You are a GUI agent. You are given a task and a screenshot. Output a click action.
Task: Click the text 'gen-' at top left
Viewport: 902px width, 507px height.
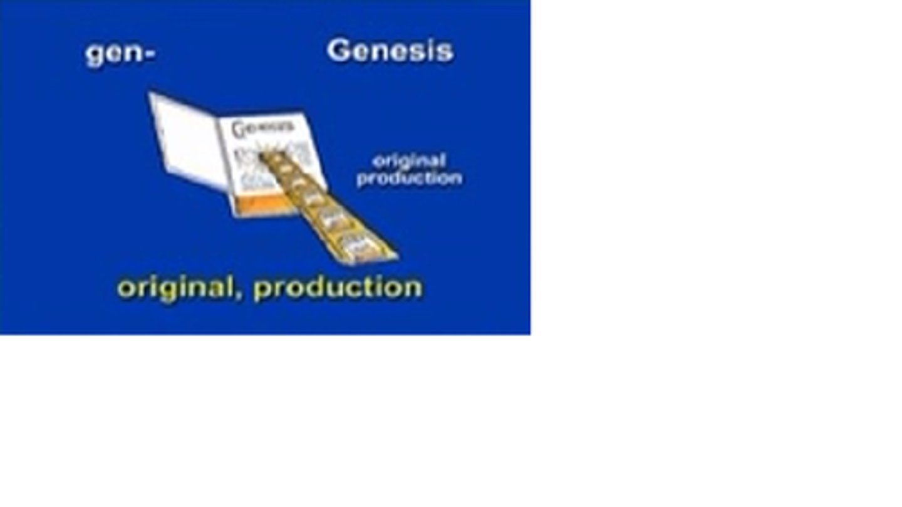tap(120, 55)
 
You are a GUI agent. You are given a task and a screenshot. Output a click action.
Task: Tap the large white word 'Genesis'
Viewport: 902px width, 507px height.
tap(390, 51)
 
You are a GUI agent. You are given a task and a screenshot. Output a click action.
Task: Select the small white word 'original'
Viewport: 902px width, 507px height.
tap(409, 162)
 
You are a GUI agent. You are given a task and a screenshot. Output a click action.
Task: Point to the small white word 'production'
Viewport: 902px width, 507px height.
tap(410, 178)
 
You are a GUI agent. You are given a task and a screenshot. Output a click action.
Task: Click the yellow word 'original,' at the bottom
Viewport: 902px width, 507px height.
tap(181, 288)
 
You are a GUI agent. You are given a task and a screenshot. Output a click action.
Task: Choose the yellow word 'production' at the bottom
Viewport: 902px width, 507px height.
tap(338, 288)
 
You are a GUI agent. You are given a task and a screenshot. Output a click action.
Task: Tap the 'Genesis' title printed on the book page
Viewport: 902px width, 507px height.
tap(262, 128)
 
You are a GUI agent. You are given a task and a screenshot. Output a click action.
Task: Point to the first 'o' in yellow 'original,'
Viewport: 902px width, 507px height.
tap(125, 289)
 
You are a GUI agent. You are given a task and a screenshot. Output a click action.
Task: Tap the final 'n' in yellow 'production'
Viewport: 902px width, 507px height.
tap(414, 288)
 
